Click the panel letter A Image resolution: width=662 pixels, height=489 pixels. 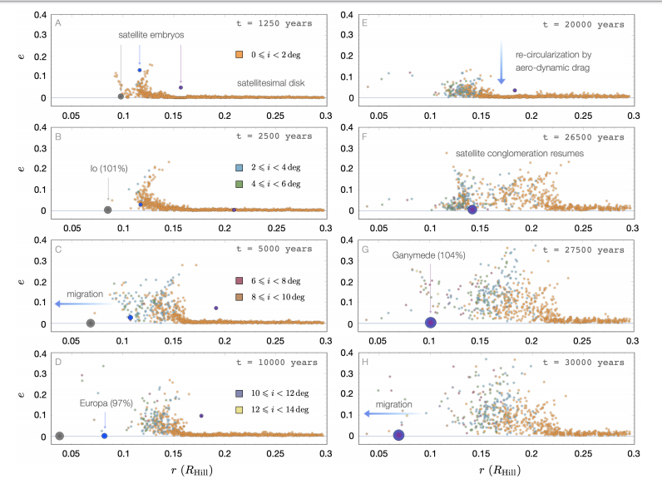click(x=58, y=22)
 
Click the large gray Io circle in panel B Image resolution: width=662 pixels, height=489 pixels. click(x=107, y=210)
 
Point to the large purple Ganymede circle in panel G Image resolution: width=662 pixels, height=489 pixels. click(x=431, y=323)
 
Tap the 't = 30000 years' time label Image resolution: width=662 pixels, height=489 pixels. click(x=581, y=363)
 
